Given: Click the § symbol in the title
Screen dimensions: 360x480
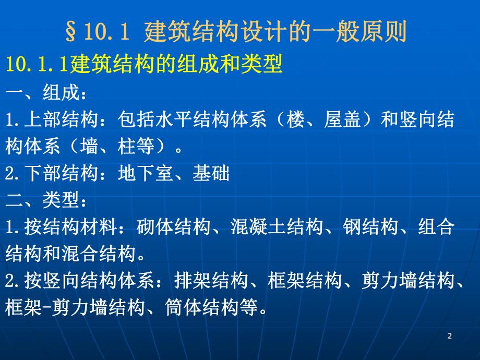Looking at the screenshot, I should point(73,32).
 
